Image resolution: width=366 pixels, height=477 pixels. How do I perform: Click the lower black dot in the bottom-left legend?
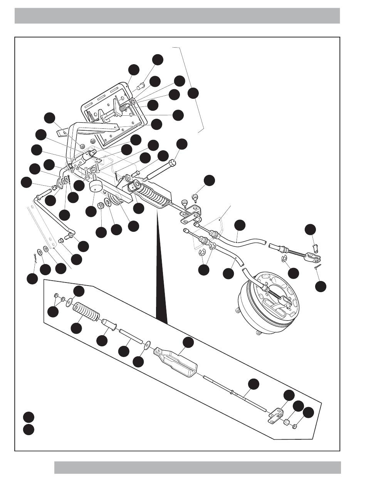click(x=28, y=429)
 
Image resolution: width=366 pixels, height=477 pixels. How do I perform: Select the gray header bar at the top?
click(x=177, y=16)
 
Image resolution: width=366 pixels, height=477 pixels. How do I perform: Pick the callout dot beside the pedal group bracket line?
click(x=193, y=93)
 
